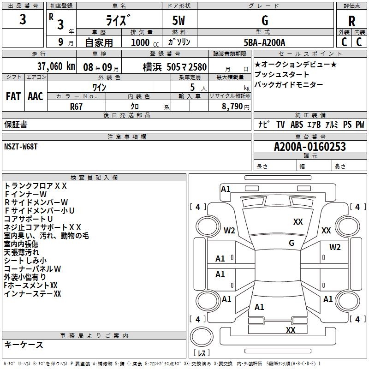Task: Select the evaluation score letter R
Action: click(x=351, y=21)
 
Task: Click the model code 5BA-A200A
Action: click(x=264, y=42)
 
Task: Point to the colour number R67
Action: click(x=77, y=106)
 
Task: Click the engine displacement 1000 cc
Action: click(x=141, y=42)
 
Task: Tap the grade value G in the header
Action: click(x=265, y=21)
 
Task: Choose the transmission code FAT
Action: click(x=13, y=96)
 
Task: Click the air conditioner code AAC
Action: click(x=36, y=96)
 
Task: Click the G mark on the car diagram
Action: click(x=292, y=243)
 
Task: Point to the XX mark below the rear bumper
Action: click(x=291, y=330)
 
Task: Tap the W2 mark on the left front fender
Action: click(x=230, y=230)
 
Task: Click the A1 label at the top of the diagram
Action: click(x=226, y=189)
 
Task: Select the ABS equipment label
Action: click(x=296, y=125)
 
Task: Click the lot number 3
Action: click(x=23, y=20)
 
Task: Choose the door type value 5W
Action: click(x=179, y=21)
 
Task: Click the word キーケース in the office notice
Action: click(x=24, y=345)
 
